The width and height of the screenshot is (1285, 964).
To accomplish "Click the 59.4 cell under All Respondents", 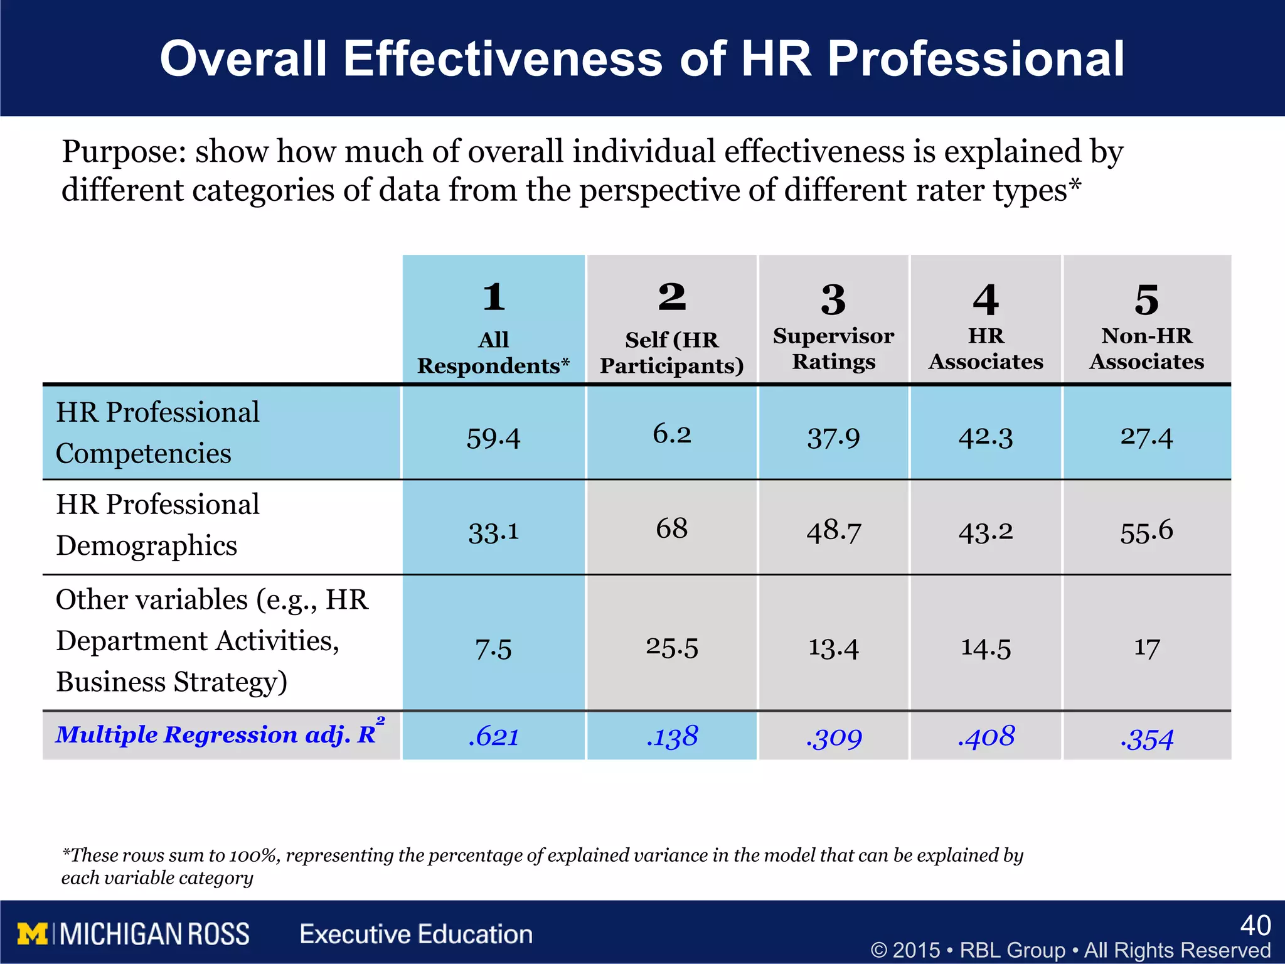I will point(493,437).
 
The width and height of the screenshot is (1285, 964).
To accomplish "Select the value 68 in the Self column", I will point(671,528).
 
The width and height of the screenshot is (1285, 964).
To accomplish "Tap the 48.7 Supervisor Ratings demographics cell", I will point(833,531).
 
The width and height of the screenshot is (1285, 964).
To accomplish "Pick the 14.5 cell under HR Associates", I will point(986,648).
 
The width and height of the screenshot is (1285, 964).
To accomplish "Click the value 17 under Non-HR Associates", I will point(1146,648).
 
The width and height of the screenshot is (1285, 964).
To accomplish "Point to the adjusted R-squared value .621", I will point(493,736).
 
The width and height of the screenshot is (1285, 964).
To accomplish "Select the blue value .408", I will point(986,736).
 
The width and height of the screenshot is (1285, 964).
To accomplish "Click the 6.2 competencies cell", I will point(671,434).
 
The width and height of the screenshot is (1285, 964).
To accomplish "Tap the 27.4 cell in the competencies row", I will point(1146,437).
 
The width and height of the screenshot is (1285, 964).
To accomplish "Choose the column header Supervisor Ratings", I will point(833,349).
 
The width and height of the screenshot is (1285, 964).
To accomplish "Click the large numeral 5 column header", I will point(1146,300).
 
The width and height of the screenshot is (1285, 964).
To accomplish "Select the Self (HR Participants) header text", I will point(671,353).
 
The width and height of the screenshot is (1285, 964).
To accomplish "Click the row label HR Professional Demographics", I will point(157,525).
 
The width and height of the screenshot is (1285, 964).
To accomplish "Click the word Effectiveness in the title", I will point(502,59).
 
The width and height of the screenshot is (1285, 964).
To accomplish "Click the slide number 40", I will point(1255,925).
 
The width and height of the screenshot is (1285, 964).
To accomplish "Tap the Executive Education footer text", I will point(416,934).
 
